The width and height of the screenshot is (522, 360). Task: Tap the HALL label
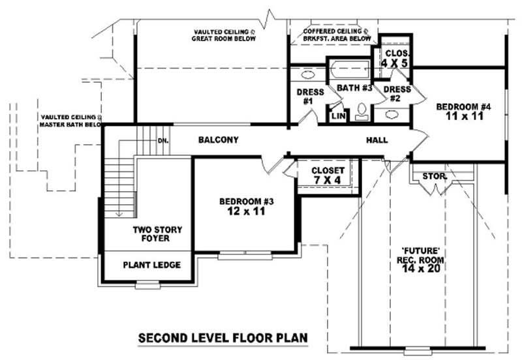376,140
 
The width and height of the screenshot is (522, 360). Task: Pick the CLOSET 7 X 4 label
324,175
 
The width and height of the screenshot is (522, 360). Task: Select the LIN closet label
338,116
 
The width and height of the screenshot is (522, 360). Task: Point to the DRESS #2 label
396,93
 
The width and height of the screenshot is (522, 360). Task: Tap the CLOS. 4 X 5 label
395,58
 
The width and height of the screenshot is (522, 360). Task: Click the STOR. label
433,176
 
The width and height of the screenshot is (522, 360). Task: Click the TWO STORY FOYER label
157,234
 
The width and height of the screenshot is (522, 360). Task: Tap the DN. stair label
163,140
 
